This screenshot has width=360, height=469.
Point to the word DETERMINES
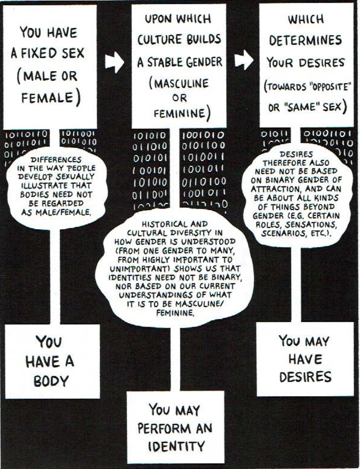(x=306, y=41)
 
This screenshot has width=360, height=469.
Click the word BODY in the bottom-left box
(x=51, y=381)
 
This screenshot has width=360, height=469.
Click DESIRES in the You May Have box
(x=305, y=377)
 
